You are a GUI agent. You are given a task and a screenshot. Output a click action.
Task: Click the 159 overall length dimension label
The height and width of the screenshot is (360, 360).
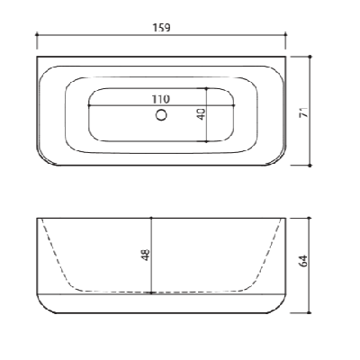(162, 28)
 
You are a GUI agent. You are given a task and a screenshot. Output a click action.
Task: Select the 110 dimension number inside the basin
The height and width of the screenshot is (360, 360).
(162, 98)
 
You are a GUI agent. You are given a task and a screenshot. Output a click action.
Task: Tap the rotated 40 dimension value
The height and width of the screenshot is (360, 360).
(202, 113)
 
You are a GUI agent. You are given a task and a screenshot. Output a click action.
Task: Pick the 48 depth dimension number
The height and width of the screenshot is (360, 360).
(145, 254)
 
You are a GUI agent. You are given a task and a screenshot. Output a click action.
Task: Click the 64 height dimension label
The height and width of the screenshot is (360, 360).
(304, 261)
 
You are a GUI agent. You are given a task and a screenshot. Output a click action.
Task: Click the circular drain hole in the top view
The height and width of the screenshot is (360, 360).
(162, 114)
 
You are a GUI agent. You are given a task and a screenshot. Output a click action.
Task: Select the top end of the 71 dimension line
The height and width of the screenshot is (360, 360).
(310, 57)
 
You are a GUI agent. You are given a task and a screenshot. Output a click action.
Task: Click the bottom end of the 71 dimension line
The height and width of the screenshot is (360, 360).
(310, 166)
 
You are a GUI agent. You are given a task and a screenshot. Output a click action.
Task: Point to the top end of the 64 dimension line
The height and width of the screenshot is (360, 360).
(310, 217)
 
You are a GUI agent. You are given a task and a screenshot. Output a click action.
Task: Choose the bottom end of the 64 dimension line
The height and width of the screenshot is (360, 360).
(310, 312)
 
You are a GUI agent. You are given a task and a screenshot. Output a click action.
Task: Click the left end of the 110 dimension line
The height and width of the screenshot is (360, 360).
(90, 104)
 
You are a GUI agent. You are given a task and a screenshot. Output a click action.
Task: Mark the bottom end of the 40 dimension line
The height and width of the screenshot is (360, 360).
(209, 140)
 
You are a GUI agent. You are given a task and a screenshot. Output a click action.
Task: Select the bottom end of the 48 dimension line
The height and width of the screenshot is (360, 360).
(151, 292)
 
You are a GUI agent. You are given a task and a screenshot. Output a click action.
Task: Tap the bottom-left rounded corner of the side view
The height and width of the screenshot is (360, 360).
(42, 307)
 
